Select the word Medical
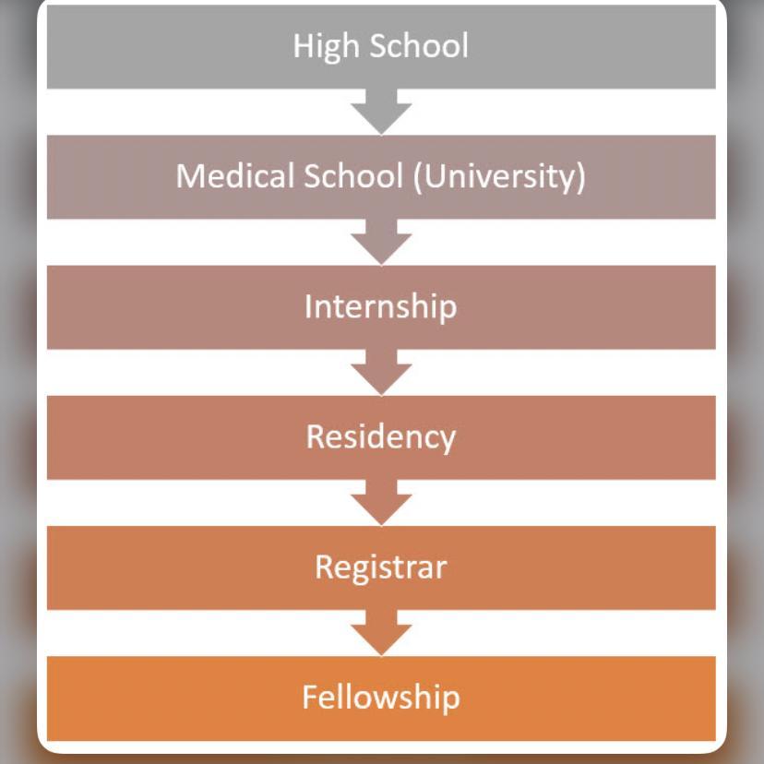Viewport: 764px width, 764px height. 229,175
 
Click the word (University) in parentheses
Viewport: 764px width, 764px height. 499,175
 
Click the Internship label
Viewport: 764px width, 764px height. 380,306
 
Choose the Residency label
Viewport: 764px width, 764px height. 380,436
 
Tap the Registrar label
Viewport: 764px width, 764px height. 380,567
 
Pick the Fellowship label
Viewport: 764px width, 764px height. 380,697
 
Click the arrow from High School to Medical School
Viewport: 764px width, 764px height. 381,112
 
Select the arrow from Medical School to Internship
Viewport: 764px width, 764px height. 381,242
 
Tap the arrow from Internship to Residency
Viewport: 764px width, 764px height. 381,372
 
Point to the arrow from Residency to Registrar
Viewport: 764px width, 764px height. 381,502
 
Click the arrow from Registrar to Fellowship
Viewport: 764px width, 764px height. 381,633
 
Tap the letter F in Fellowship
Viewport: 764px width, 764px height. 309,697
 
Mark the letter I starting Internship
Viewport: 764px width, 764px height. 308,306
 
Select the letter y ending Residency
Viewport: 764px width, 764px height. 448,439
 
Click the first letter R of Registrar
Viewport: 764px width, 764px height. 323,567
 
